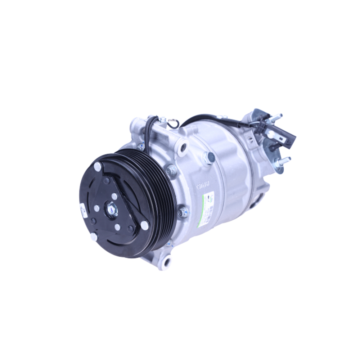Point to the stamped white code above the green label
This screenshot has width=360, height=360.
(x=203, y=187)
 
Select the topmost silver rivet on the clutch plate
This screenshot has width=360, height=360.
(x=98, y=167)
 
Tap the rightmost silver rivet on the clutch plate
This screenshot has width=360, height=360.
(x=144, y=225)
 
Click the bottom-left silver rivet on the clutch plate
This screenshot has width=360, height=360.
(x=93, y=237)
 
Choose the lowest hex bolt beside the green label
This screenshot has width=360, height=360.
(x=183, y=212)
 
